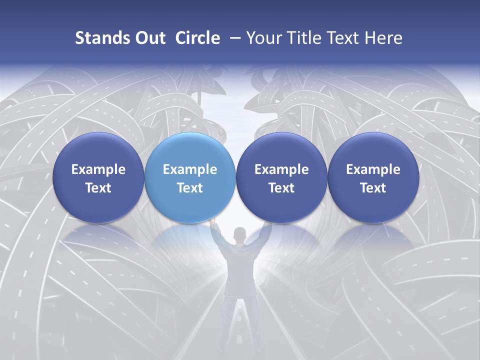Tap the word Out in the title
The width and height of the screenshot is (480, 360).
[149, 38]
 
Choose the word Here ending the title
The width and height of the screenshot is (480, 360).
[384, 38]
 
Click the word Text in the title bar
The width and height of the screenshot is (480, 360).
[344, 38]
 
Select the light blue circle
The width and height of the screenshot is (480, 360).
[189, 177]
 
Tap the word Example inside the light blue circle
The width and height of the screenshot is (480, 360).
[190, 169]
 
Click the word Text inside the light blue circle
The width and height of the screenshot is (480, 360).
[190, 188]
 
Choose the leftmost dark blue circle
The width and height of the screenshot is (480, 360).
[98, 177]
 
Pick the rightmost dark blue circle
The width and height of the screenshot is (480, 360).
[373, 177]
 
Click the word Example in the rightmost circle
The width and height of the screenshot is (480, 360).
[373, 169]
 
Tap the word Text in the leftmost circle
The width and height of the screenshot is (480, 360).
[98, 188]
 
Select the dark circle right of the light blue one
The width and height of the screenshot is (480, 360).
[281, 177]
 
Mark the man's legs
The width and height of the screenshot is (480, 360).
[240, 320]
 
